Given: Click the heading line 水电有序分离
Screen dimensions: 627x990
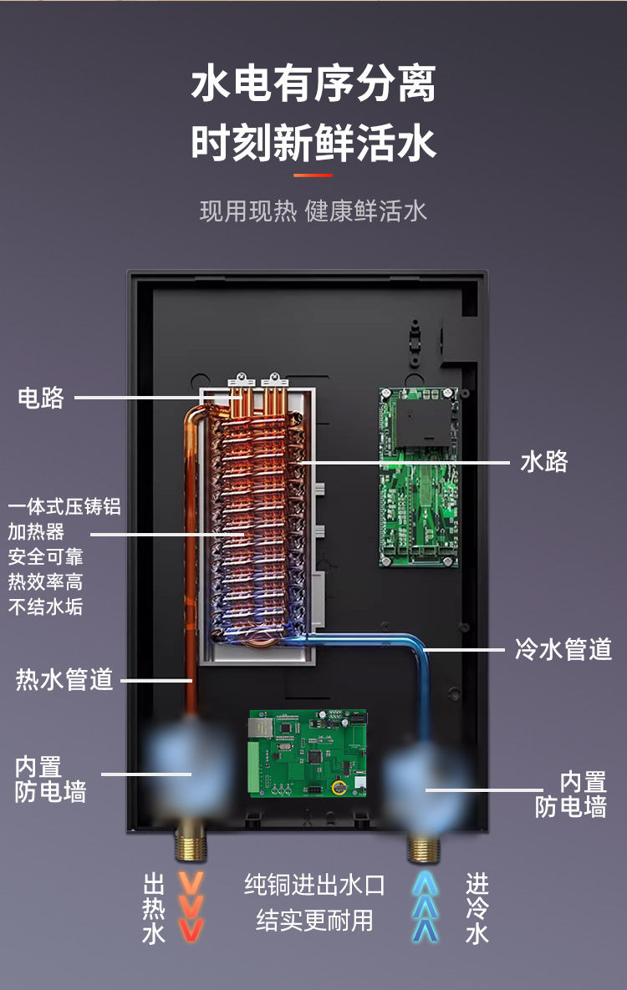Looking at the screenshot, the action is pyautogui.click(x=313, y=85).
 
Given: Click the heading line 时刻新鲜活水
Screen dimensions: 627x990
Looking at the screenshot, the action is pyautogui.click(x=313, y=143).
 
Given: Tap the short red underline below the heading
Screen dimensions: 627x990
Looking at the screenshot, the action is pyautogui.click(x=313, y=175).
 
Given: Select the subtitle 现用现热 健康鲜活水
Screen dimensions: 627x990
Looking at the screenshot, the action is pyautogui.click(x=313, y=211).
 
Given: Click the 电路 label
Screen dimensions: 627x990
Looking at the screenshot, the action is pyautogui.click(x=41, y=398).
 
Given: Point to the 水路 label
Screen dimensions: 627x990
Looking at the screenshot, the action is pyautogui.click(x=544, y=461).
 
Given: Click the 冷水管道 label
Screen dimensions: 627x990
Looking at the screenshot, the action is pyautogui.click(x=563, y=649).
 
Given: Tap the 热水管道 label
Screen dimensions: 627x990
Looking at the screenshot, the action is pyautogui.click(x=64, y=680).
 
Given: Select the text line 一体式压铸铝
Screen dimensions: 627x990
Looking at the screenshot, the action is pyautogui.click(x=64, y=507).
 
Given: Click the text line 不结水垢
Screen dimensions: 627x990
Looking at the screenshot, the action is pyautogui.click(x=46, y=607).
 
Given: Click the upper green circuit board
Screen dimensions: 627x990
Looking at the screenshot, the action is pyautogui.click(x=419, y=477).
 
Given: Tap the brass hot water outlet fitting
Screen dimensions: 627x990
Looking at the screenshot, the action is pyautogui.click(x=191, y=845).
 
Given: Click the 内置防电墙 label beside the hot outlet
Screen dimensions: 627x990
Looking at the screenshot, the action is pyautogui.click(x=50, y=779).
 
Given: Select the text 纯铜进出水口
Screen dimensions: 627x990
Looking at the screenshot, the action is pyautogui.click(x=314, y=885).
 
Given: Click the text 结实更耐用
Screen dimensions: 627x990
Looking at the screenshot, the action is pyautogui.click(x=314, y=921).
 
